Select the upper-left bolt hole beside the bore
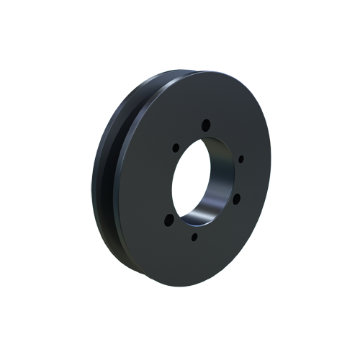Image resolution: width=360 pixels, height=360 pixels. pyautogui.click(x=174, y=147)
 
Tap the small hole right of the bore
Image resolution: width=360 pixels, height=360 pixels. pyautogui.click(x=240, y=158)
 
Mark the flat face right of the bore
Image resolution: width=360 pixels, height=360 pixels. pyautogui.click(x=252, y=180)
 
